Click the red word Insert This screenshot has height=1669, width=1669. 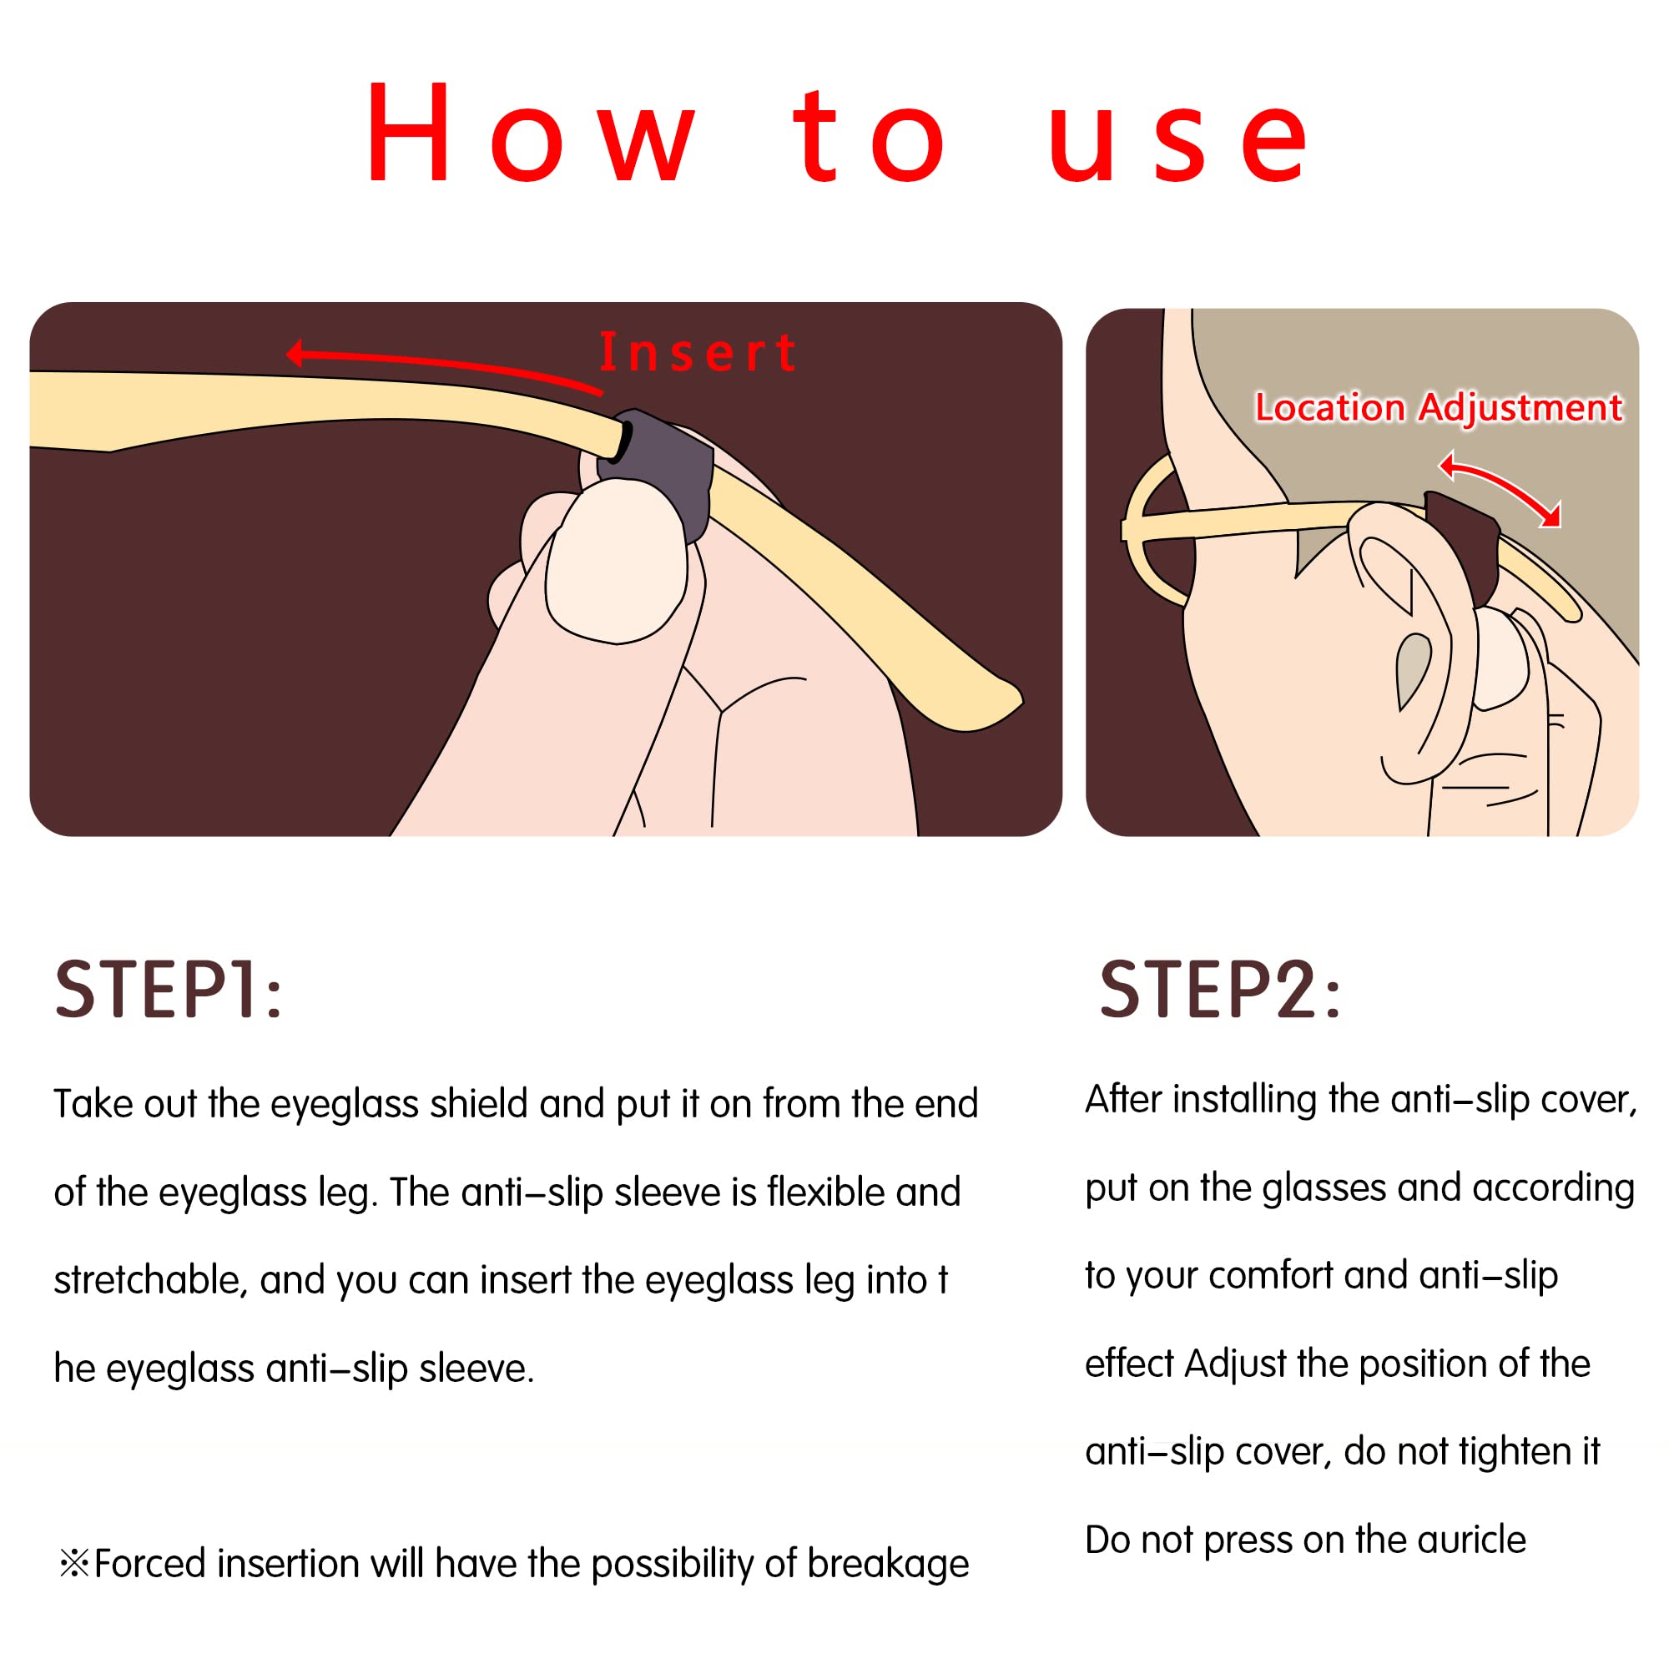click(x=698, y=352)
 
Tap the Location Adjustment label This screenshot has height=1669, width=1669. click(x=1438, y=407)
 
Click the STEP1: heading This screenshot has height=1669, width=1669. click(x=169, y=990)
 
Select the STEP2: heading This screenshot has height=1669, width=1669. click(x=1220, y=990)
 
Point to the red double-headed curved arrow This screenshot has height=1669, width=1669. click(x=1507, y=484)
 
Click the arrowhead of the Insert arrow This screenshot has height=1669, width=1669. click(x=295, y=352)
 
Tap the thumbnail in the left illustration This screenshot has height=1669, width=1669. click(x=617, y=562)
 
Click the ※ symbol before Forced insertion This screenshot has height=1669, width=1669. click(x=73, y=1563)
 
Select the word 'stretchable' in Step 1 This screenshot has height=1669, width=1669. click(x=150, y=1279)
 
